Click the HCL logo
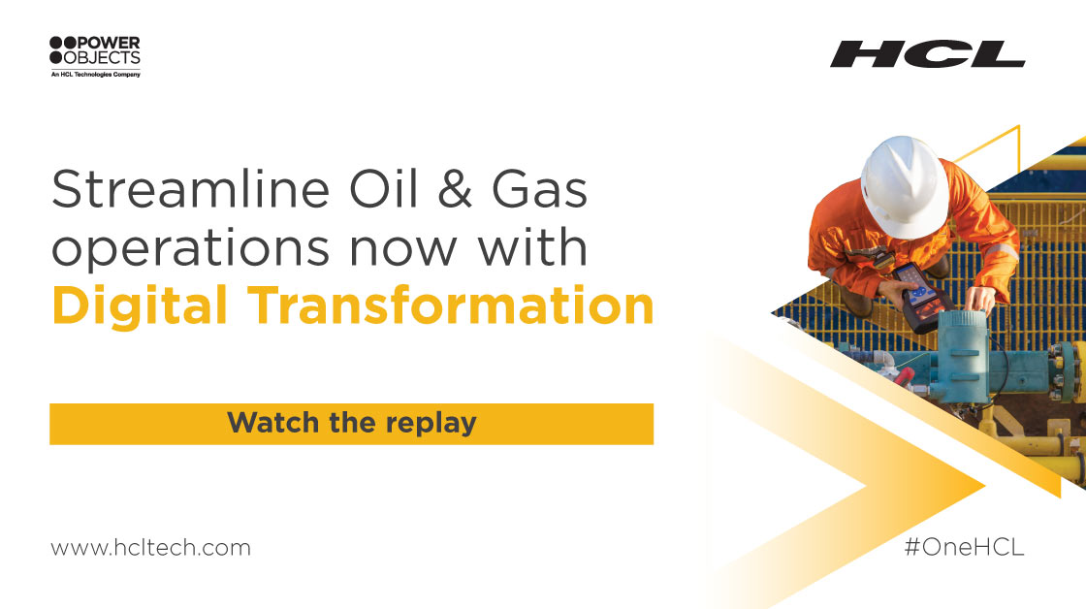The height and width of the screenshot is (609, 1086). [927, 53]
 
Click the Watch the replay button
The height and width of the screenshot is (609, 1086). [351, 423]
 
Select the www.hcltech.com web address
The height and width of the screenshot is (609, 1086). [150, 547]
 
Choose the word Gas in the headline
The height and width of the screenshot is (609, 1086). [544, 190]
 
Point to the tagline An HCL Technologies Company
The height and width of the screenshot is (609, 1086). [95, 73]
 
